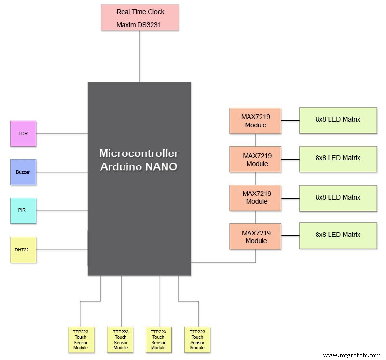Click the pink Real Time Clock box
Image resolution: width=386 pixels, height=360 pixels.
(x=140, y=18)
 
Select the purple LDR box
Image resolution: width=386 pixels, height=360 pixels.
(x=23, y=133)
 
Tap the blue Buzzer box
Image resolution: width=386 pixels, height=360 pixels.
(x=23, y=172)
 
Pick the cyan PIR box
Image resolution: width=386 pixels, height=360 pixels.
(x=23, y=210)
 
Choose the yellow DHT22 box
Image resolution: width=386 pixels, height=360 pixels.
(x=23, y=249)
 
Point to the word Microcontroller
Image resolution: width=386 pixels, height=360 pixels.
(x=139, y=153)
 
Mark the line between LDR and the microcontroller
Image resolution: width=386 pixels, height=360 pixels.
(x=62, y=133)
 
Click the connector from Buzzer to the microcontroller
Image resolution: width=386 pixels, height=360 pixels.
(x=62, y=172)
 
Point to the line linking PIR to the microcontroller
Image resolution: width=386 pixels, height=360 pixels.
(x=62, y=210)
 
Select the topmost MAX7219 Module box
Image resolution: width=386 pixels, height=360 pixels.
(x=255, y=120)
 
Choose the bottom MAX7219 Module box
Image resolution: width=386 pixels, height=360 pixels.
(x=255, y=236)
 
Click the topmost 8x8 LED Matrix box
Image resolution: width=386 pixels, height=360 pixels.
(x=338, y=120)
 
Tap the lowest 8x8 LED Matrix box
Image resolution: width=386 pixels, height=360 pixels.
(x=338, y=235)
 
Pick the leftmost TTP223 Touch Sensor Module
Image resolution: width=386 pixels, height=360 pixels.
(x=81, y=339)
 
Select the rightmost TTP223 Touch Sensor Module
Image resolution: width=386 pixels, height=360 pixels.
(x=197, y=339)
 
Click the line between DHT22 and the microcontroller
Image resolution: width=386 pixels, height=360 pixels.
(x=62, y=249)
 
